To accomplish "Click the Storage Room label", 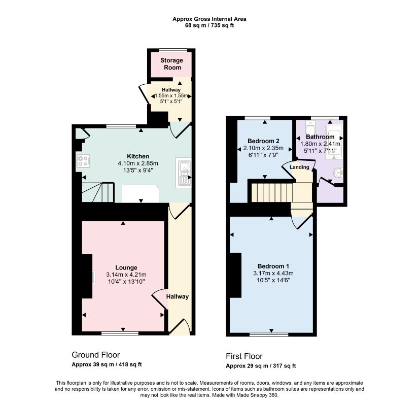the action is [171, 64].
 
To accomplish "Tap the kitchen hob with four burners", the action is [83, 161].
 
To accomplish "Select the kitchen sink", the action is [183, 173].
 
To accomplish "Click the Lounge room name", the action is [126, 267].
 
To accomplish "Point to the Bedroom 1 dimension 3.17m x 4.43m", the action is [273, 273].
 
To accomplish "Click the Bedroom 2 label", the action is [263, 141].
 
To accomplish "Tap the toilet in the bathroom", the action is [310, 127].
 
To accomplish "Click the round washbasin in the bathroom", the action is [338, 173].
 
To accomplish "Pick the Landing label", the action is [299, 167].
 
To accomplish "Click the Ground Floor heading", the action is [96, 355].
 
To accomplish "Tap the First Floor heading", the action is [244, 356].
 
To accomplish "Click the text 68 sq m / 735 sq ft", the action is [209, 26].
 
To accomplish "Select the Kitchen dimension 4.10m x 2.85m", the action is [138, 163].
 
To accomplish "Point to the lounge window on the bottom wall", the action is [120, 333].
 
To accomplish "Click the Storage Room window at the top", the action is [173, 50].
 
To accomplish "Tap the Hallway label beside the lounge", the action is [178, 296].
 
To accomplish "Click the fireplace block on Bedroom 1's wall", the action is [235, 275].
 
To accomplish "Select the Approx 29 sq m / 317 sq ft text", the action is [261, 366].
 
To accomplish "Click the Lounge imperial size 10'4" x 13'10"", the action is [126, 282].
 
